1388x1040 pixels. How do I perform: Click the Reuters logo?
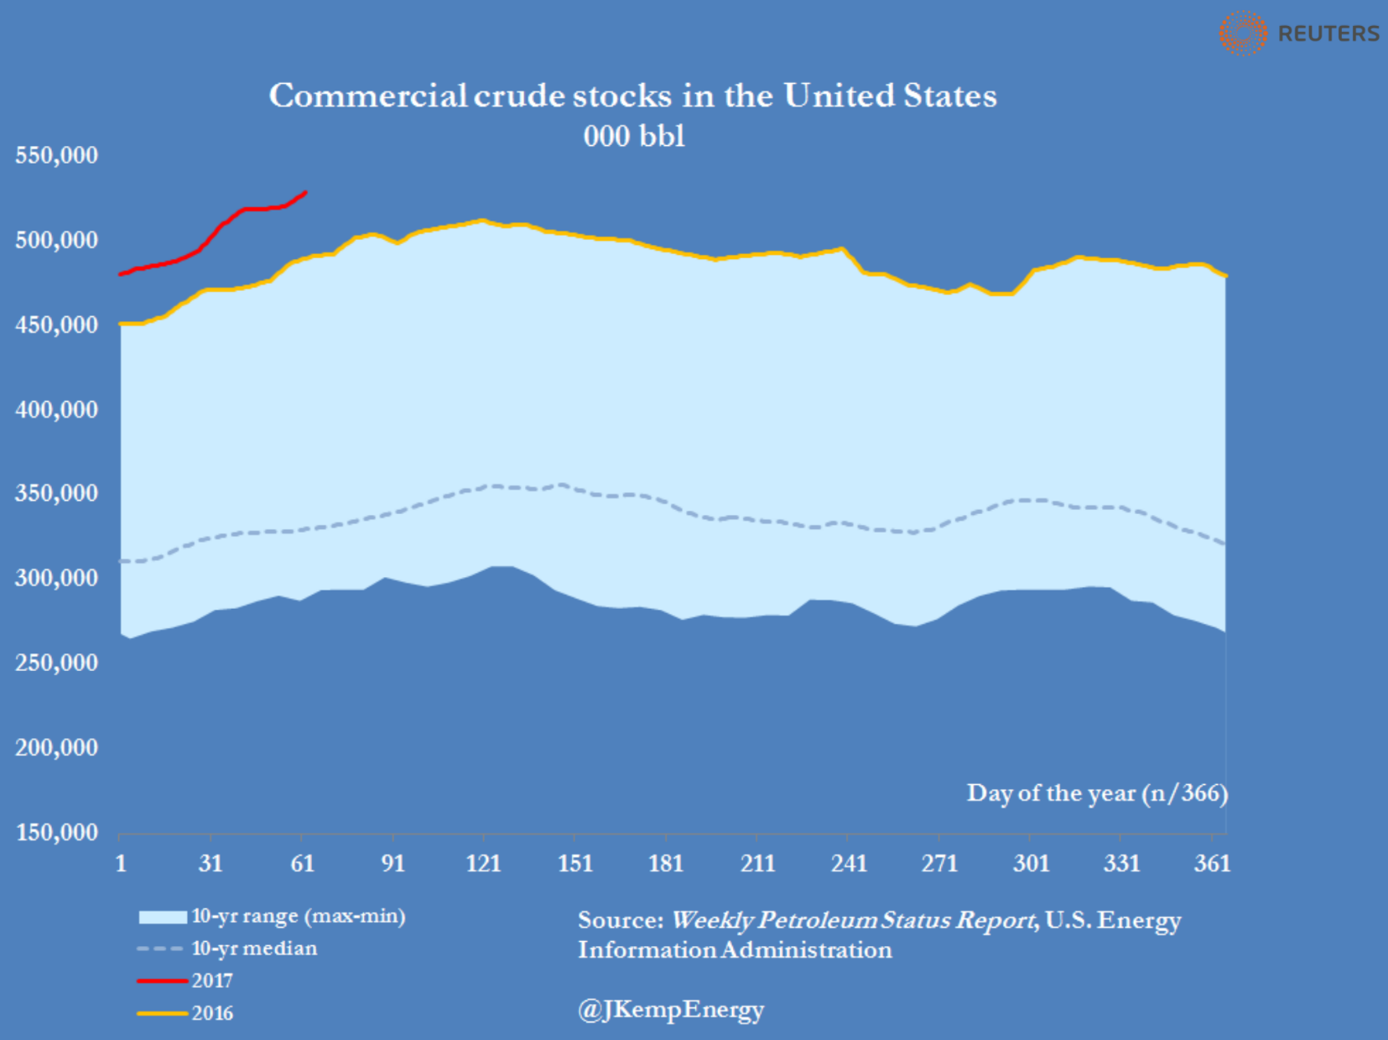pyautogui.click(x=1298, y=34)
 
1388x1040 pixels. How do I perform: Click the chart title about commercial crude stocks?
pyautogui.click(x=632, y=96)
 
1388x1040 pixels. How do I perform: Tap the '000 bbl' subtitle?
pyautogui.click(x=634, y=136)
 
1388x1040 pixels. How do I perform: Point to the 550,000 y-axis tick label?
pyautogui.click(x=56, y=155)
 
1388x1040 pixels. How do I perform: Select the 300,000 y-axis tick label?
pyautogui.click(x=56, y=578)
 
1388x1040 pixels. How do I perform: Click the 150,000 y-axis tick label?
pyautogui.click(x=56, y=832)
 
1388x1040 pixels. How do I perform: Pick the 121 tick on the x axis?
pyautogui.click(x=483, y=863)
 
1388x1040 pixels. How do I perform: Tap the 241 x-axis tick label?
pyautogui.click(x=848, y=863)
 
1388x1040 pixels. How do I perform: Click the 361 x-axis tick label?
pyautogui.click(x=1212, y=863)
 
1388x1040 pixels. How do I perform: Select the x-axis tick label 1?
pyautogui.click(x=121, y=863)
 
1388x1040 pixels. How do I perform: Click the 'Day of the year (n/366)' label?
pyautogui.click(x=1097, y=793)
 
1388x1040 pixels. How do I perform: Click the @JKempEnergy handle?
pyautogui.click(x=671, y=1010)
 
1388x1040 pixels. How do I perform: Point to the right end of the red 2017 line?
pyautogui.click(x=305, y=192)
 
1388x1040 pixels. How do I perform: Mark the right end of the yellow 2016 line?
pyautogui.click(x=1226, y=276)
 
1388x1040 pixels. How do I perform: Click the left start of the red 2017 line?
pyautogui.click(x=121, y=274)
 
